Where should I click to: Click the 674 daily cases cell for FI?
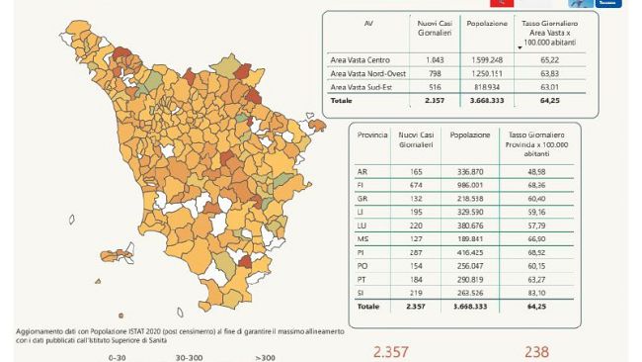tap(409, 184)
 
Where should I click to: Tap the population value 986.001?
tap(466, 184)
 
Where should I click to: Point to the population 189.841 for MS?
tap(466, 238)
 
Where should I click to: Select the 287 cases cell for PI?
tap(409, 252)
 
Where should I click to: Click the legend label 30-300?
tap(190, 357)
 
